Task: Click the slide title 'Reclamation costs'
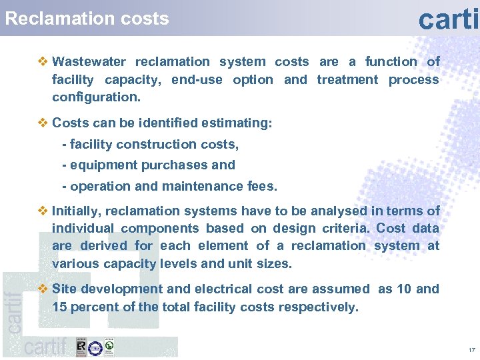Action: click(x=87, y=19)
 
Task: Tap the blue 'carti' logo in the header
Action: click(x=448, y=18)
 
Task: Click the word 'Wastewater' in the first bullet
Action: click(x=89, y=62)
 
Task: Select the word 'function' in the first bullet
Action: click(x=391, y=62)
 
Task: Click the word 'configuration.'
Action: click(x=96, y=97)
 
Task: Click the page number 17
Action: click(x=471, y=350)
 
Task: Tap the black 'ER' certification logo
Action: click(x=81, y=347)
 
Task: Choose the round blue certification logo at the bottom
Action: click(x=95, y=347)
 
